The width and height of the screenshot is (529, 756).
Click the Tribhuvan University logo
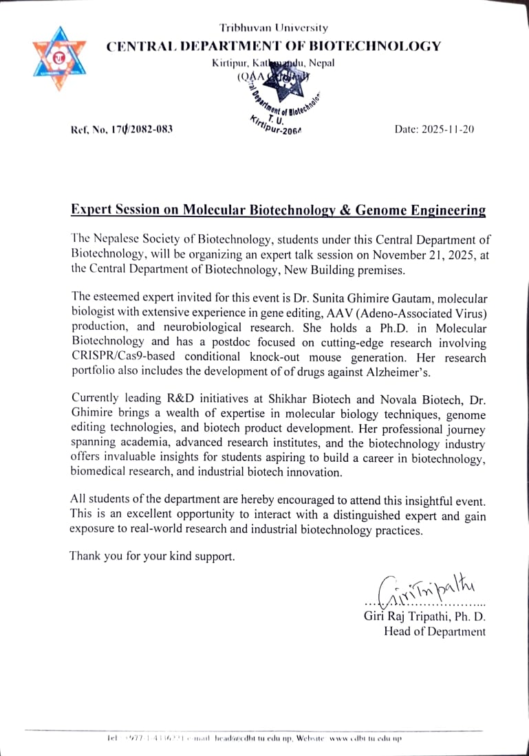point(59,58)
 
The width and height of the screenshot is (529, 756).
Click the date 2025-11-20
point(434,129)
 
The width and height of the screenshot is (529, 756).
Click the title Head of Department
point(434,632)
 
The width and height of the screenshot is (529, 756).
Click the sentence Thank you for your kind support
point(152,557)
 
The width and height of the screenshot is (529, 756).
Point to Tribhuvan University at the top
point(274,28)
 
